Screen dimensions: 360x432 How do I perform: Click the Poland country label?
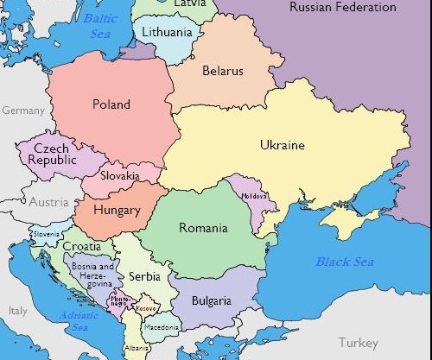tap(111, 104)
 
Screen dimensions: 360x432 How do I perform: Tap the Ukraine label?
tap(282, 145)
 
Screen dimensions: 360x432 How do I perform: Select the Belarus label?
tap(223, 71)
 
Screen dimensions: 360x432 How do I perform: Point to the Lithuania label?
tap(167, 32)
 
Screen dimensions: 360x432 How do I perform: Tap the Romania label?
tap(203, 228)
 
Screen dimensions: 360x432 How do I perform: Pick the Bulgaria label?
tap(211, 301)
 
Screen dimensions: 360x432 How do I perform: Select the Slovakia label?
tap(119, 175)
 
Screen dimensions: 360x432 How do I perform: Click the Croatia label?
tap(81, 247)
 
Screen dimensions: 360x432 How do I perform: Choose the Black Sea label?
tap(344, 262)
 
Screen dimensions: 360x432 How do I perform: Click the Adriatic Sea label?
tap(75, 321)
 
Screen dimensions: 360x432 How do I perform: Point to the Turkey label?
tap(358, 342)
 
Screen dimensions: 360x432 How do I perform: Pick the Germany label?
tap(22, 111)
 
